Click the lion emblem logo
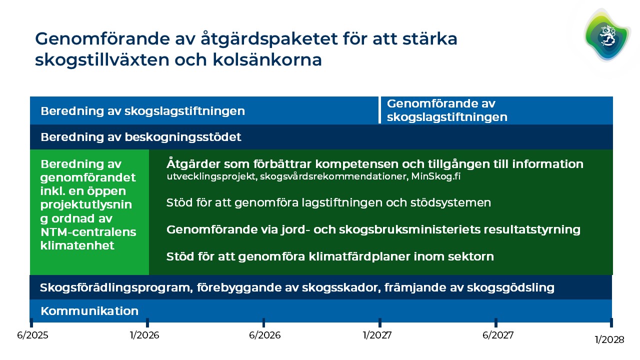tap(606, 35)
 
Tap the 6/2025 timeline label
tap(32, 335)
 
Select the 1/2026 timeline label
tap(144, 335)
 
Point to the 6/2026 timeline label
tap(265, 335)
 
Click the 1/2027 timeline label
tap(377, 335)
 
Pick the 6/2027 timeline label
tap(498, 335)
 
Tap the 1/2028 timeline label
tap(609, 339)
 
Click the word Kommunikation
tap(89, 311)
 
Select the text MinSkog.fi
tap(435, 176)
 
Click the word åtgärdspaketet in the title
tap(269, 39)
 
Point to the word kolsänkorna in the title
tap(267, 60)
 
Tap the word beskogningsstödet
tap(183, 137)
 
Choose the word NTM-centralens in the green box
tap(88, 232)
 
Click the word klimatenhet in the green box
tap(77, 245)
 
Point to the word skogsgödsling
tap(510, 287)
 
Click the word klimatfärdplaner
tap(359, 257)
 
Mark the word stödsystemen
tap(450, 203)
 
